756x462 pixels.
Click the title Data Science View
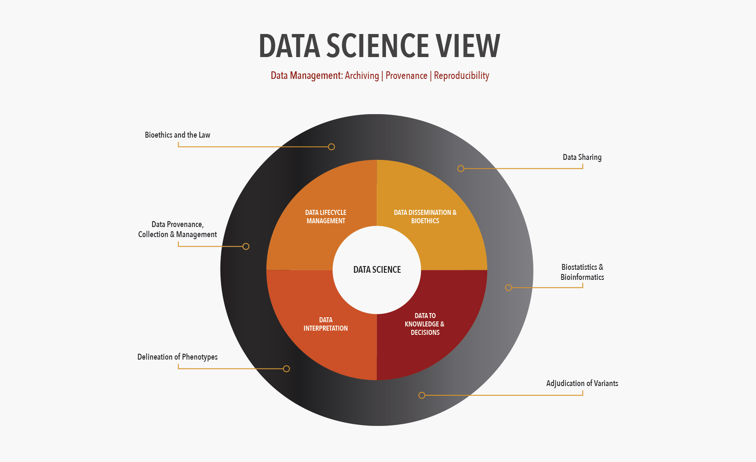[379, 46]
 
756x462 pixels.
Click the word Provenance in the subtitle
[406, 76]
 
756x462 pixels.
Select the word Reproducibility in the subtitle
[461, 76]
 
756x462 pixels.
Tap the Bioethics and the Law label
[177, 135]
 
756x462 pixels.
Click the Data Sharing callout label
[582, 157]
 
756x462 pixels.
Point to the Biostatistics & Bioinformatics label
[582, 272]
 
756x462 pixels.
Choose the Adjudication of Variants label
[582, 383]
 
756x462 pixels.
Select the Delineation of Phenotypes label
[177, 357]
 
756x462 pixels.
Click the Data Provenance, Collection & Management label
[177, 230]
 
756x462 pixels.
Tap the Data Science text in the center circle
[377, 270]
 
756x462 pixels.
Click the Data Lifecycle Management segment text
[325, 217]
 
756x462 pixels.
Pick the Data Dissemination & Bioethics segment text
[425, 217]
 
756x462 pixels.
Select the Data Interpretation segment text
[325, 324]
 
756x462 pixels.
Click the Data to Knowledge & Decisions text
[425, 324]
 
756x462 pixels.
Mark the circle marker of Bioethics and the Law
[331, 147]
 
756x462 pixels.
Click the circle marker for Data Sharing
[461, 169]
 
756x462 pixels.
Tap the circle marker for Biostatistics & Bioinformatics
[509, 287]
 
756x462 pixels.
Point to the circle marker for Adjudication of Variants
[422, 395]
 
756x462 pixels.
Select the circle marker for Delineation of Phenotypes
[286, 369]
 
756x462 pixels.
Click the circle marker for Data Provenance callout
[246, 246]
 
